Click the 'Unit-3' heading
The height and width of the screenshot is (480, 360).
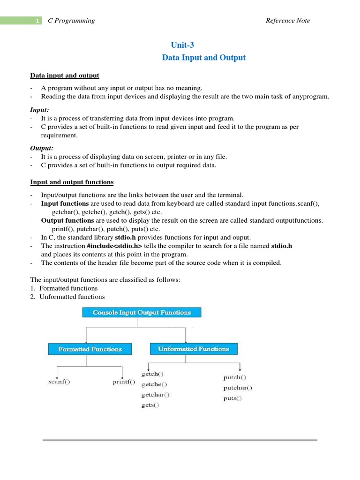(182, 45)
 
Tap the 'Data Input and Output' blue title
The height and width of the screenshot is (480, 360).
(203, 58)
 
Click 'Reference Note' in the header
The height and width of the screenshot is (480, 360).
(287, 21)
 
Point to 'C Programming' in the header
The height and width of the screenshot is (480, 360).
(71, 21)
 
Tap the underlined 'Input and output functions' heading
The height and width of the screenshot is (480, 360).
(72, 182)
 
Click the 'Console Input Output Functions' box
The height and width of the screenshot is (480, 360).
(142, 312)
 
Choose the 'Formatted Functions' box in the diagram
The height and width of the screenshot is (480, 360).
(90, 349)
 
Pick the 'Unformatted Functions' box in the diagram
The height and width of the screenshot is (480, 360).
(194, 349)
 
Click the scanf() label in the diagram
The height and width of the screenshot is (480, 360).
(59, 382)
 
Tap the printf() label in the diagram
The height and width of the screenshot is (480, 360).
(123, 382)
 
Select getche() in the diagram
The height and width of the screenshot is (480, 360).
(154, 384)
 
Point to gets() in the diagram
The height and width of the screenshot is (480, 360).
(150, 405)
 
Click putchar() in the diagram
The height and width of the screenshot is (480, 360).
(237, 388)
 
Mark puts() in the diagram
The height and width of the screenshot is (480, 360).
(232, 398)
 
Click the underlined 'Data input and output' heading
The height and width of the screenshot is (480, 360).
(65, 75)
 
